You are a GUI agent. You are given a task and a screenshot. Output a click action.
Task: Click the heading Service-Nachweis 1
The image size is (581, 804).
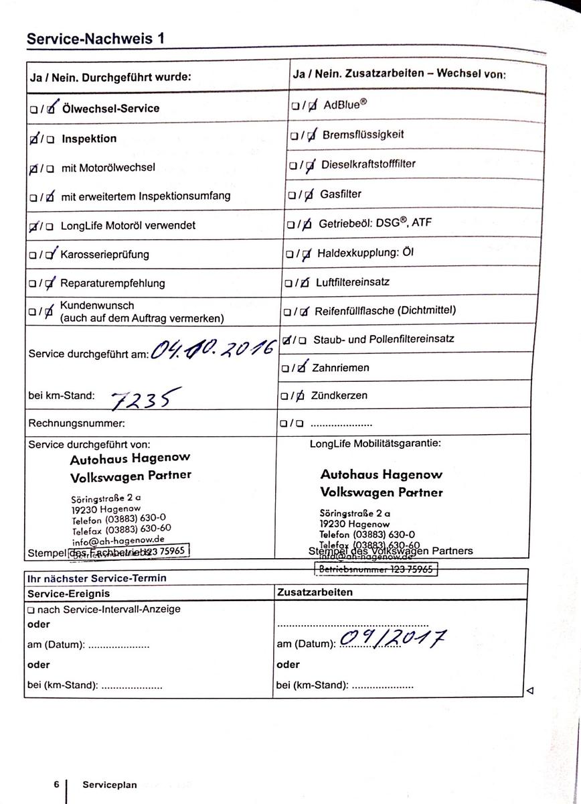click(x=96, y=39)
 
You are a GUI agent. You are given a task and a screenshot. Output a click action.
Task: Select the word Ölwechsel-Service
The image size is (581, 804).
click(x=110, y=108)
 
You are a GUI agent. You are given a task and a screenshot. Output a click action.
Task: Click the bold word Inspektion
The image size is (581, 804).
click(x=89, y=139)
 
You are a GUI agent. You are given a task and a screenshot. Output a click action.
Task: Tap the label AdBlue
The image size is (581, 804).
click(x=346, y=105)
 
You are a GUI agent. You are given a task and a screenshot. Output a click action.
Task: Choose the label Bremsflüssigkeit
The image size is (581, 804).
click(x=363, y=134)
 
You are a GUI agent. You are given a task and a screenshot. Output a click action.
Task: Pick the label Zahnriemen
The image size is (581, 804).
click(x=341, y=367)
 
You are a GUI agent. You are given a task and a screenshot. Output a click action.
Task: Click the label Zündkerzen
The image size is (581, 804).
click(x=339, y=395)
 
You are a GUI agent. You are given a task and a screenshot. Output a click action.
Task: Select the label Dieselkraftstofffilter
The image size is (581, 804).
click(x=369, y=164)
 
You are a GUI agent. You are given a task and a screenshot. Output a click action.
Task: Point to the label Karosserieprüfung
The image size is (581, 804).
click(x=104, y=255)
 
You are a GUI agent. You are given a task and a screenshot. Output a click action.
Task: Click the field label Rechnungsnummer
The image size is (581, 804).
click(x=76, y=423)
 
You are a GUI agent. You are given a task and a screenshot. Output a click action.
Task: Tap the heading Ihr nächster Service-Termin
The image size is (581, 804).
click(x=96, y=578)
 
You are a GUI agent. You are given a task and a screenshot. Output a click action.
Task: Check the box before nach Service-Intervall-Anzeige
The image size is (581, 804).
click(x=31, y=610)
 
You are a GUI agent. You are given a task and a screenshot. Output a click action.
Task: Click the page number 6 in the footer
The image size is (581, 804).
click(x=57, y=784)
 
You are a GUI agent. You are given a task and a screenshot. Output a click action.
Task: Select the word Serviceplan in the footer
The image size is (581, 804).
click(x=110, y=785)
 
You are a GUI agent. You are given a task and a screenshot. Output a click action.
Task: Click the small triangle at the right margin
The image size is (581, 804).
click(x=530, y=690)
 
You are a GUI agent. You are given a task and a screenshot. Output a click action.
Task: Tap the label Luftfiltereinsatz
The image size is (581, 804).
click(x=353, y=282)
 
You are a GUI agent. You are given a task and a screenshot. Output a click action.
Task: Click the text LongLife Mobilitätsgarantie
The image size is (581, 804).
click(x=375, y=443)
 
